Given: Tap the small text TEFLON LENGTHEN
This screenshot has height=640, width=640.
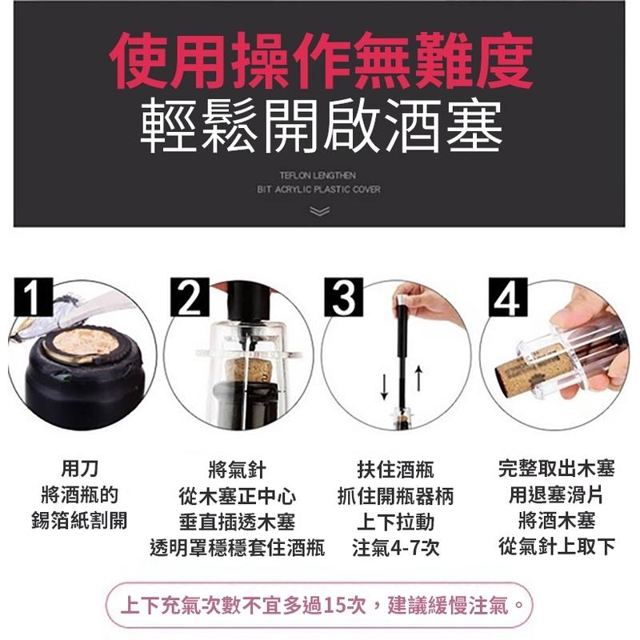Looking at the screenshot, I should pos(318,174).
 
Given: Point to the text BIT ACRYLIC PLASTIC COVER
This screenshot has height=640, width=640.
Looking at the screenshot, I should pos(318,190).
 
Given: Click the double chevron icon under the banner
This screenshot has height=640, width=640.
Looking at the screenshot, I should pos(319,211).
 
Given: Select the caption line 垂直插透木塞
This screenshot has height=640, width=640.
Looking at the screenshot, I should pos(237,522).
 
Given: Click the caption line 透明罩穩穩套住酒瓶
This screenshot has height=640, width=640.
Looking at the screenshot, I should pos(237,548).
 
